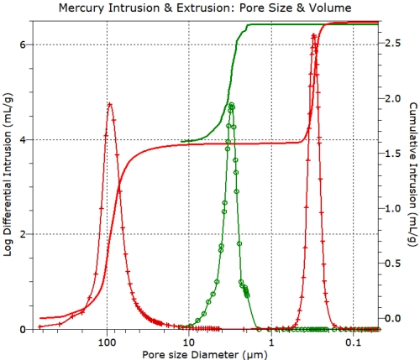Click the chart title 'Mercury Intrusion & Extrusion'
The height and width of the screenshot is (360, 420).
(209, 8)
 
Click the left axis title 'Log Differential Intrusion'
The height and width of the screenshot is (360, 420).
(8, 180)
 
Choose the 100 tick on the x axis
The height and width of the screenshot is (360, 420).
(107, 340)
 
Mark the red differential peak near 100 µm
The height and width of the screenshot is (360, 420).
(109, 104)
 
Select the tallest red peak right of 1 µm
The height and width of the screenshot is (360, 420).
(314, 35)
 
